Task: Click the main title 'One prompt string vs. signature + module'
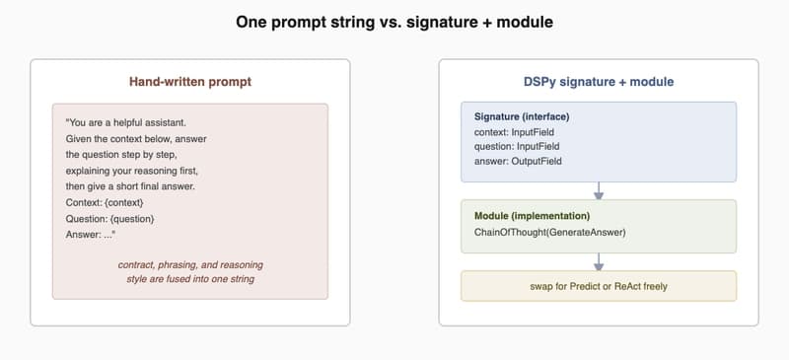pyautogui.click(x=394, y=22)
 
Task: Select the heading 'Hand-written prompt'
pyautogui.click(x=190, y=82)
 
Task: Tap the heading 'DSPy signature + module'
pyautogui.click(x=599, y=82)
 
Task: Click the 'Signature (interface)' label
pyautogui.click(x=522, y=116)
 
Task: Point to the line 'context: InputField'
pyautogui.click(x=514, y=132)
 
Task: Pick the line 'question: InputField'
pyautogui.click(x=517, y=147)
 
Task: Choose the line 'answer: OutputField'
pyautogui.click(x=518, y=161)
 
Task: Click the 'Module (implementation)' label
pyautogui.click(x=532, y=216)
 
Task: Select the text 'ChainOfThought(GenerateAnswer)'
pyautogui.click(x=550, y=233)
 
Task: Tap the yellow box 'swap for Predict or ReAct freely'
pyautogui.click(x=599, y=286)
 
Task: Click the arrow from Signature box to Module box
pyautogui.click(x=599, y=190)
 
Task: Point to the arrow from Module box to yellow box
pyautogui.click(x=599, y=262)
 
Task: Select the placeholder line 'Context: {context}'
pyautogui.click(x=105, y=203)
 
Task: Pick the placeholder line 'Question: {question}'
pyautogui.click(x=109, y=219)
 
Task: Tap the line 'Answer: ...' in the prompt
pyautogui.click(x=91, y=235)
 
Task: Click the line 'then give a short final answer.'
pyautogui.click(x=130, y=186)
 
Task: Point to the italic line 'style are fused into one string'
pyautogui.click(x=190, y=279)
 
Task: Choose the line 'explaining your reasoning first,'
pyautogui.click(x=132, y=171)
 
